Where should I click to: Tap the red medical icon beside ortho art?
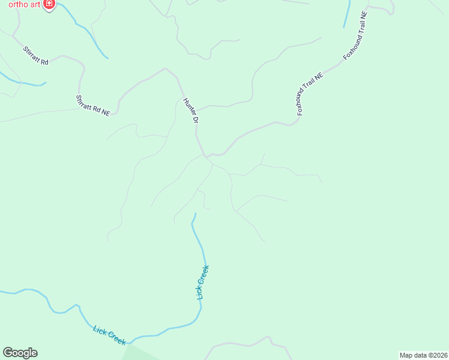click(x=49, y=5)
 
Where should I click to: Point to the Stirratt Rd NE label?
click(x=93, y=105)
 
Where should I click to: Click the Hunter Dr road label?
click(x=191, y=110)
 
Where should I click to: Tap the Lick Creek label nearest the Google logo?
click(x=110, y=335)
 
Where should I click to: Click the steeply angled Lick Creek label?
click(x=202, y=282)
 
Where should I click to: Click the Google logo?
click(x=20, y=353)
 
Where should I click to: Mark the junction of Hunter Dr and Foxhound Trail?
click(x=207, y=157)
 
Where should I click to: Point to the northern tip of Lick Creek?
click(x=195, y=214)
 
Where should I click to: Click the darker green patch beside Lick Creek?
click(x=138, y=353)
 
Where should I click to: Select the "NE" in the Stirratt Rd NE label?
click(x=106, y=112)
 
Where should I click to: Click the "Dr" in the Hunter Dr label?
click(x=195, y=119)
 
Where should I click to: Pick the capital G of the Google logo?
click(x=8, y=353)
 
